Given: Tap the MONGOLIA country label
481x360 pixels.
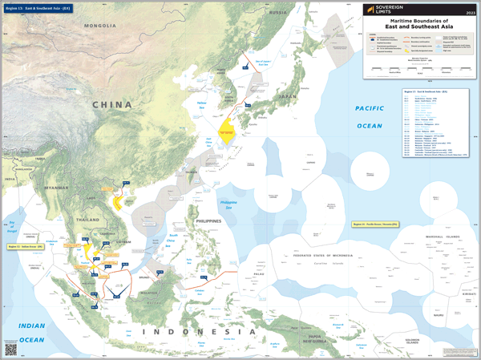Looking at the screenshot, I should click(x=100, y=26).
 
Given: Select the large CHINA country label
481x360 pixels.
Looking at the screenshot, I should click(x=111, y=104).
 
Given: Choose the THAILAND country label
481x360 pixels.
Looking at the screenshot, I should click(x=88, y=220).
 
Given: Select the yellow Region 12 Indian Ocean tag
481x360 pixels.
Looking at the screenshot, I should click(x=25, y=245).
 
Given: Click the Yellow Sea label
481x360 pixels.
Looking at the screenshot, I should click(x=201, y=104).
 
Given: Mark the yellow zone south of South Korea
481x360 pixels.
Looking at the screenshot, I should click(x=227, y=130).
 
